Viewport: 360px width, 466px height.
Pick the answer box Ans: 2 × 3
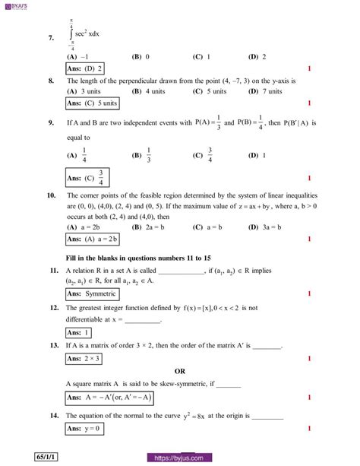click(x=84, y=357)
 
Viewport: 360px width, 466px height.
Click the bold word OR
click(x=180, y=371)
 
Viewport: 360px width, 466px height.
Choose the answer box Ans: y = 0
click(x=84, y=429)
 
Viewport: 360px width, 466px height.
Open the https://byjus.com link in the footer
click(x=180, y=458)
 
